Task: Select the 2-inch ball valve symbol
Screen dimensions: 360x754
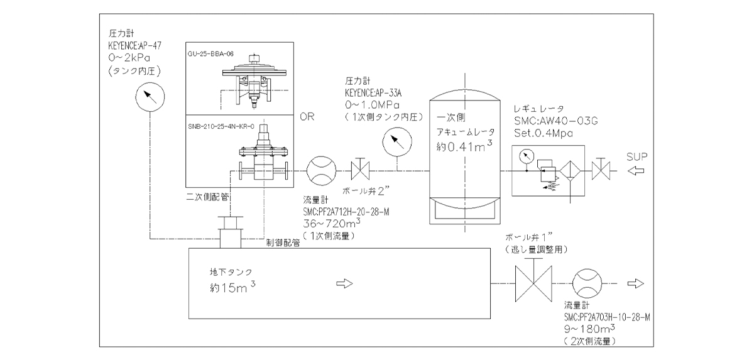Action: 361,169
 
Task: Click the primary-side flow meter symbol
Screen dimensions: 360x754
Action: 320,169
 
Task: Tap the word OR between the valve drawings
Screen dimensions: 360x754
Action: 307,117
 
